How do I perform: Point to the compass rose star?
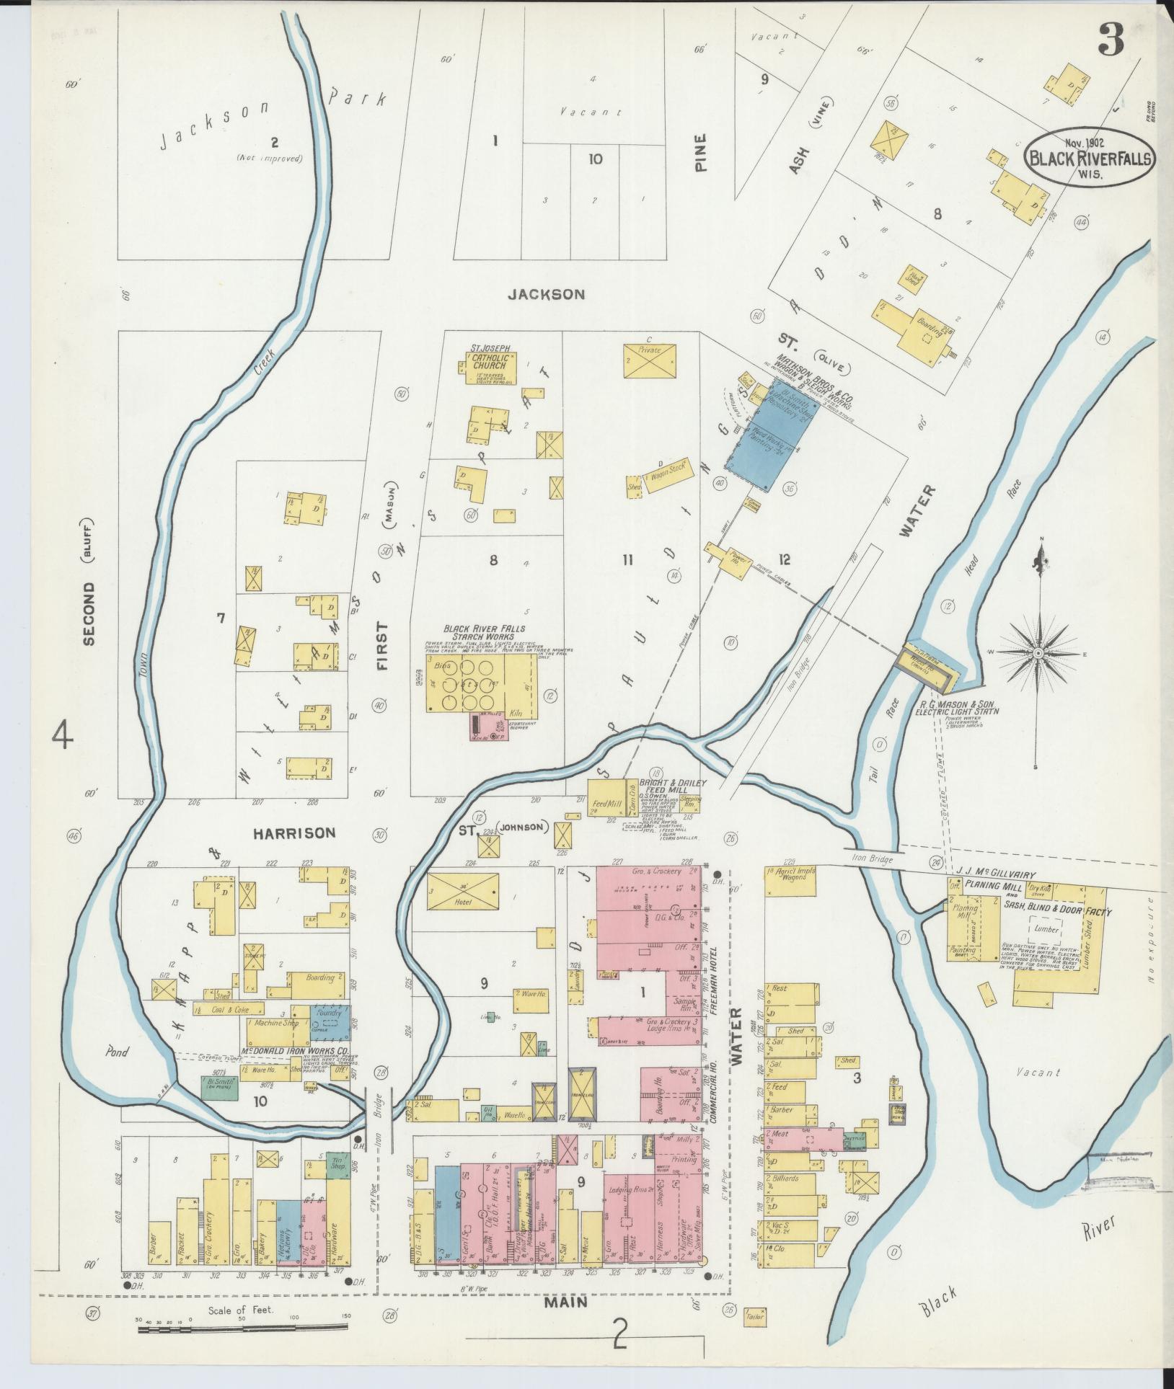(1038, 653)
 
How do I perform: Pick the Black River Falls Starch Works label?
(480, 632)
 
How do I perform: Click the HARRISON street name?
(293, 833)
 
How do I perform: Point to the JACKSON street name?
(545, 294)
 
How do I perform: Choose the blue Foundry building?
(330, 1020)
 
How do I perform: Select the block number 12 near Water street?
(784, 559)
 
